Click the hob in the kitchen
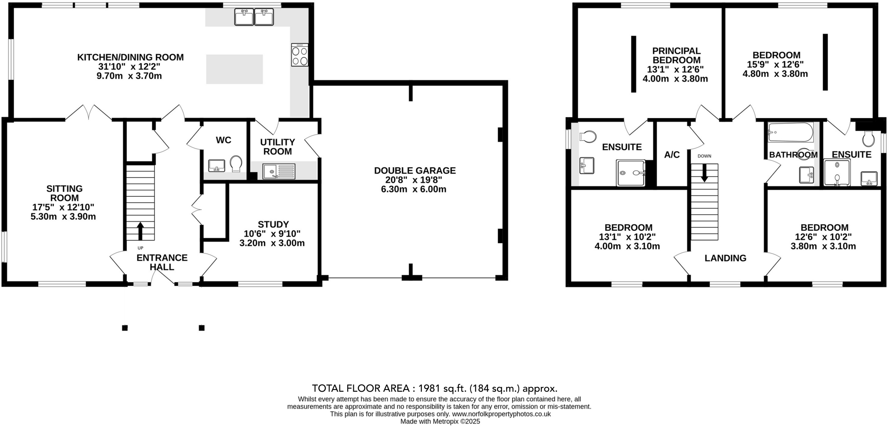[300, 55]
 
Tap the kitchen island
[234, 69]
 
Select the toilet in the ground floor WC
[236, 164]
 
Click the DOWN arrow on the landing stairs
[704, 173]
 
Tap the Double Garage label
[415, 171]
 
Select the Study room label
[273, 225]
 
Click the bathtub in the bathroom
[790, 132]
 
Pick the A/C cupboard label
[672, 155]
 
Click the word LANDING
[725, 258]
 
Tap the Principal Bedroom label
[676, 56]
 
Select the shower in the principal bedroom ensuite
[631, 173]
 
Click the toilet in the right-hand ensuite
[869, 139]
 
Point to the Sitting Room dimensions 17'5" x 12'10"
[63, 207]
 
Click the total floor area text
[435, 388]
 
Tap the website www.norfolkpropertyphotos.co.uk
[501, 414]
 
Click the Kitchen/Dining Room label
[130, 57]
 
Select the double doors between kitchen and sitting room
[89, 113]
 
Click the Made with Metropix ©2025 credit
[440, 422]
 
